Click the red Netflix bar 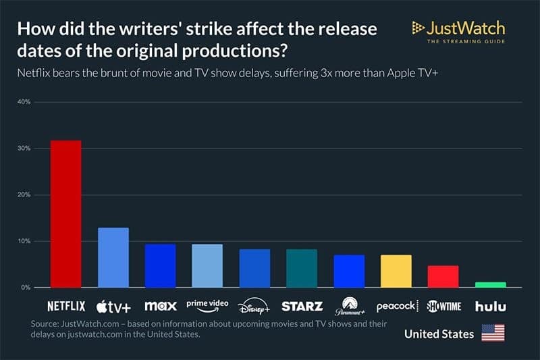66,214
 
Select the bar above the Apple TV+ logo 113,258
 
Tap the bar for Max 161,266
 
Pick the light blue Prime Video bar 207,266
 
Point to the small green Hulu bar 490,285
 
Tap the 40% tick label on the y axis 24,102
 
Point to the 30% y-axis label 24,149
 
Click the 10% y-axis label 24,241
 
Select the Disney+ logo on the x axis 254,307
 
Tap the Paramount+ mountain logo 349,306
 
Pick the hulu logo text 490,306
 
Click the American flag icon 493,333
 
